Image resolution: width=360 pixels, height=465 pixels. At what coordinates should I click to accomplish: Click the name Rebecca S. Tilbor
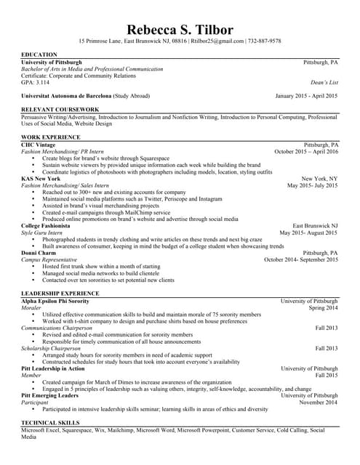(x=180, y=30)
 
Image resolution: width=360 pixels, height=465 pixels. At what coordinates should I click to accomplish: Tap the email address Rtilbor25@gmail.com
(x=217, y=41)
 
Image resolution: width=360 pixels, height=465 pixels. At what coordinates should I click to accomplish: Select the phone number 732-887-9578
(x=265, y=41)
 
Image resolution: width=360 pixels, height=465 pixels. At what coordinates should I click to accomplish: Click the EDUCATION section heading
(x=39, y=55)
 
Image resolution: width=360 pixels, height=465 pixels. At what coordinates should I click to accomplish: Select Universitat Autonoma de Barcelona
(x=66, y=96)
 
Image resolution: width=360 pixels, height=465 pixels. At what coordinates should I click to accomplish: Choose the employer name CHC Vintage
(x=38, y=145)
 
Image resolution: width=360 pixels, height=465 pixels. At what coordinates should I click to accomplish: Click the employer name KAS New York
(x=41, y=179)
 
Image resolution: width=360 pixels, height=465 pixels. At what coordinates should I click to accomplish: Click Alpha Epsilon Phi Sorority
(x=55, y=301)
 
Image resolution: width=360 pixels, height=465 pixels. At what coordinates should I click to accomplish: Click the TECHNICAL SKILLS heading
(x=50, y=422)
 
